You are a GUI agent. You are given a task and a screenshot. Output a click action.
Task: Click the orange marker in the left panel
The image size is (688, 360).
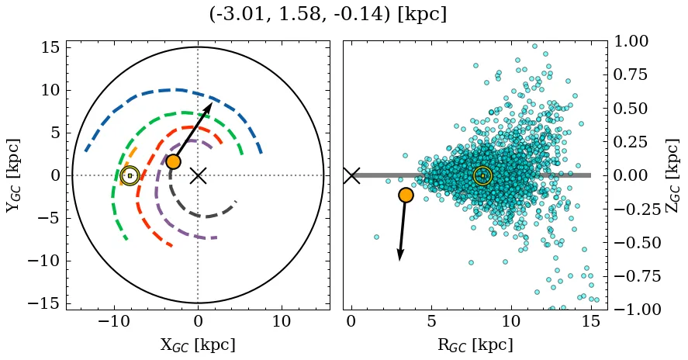click(x=173, y=161)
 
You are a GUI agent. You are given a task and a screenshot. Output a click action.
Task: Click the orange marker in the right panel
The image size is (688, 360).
click(x=405, y=195)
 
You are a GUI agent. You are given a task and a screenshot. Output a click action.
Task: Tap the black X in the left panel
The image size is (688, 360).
click(x=198, y=175)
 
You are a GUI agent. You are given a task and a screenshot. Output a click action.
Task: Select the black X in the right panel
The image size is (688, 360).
click(x=351, y=175)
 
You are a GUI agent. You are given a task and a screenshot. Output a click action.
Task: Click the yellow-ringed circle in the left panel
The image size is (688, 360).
click(x=130, y=176)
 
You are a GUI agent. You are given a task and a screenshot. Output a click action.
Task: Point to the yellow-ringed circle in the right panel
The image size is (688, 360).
click(x=482, y=176)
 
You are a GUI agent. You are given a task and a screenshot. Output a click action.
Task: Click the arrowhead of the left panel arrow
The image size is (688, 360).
click(x=209, y=106)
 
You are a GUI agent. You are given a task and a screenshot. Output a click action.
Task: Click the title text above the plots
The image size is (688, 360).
click(x=328, y=15)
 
